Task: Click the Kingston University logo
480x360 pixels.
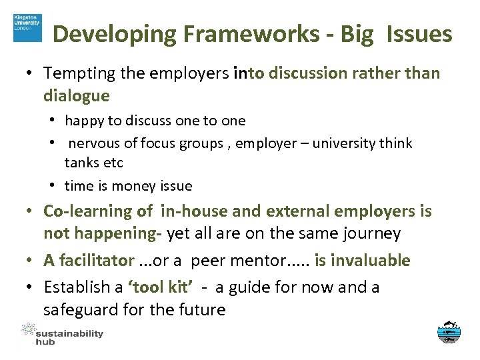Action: point(27,27)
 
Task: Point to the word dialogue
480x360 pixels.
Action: point(76,95)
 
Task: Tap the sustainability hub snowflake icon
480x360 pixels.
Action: point(27,329)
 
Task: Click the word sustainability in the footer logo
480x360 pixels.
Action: point(69,333)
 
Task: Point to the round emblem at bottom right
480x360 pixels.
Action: point(449,332)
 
